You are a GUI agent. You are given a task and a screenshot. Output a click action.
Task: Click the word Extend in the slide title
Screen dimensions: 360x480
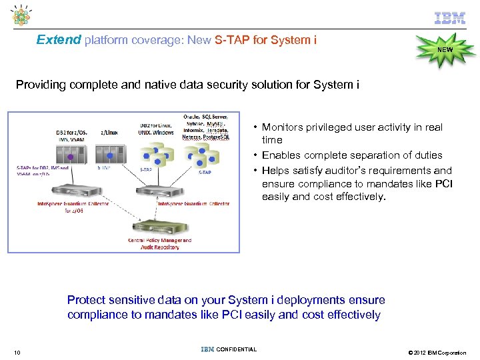[x=59, y=40]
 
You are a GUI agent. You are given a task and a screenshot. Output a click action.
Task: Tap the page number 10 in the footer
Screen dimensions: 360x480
[x=17, y=352]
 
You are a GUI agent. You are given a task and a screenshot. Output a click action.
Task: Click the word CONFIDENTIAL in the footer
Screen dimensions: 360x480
[x=237, y=349]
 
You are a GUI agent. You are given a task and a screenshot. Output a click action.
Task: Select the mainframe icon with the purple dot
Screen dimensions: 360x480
[x=71, y=156]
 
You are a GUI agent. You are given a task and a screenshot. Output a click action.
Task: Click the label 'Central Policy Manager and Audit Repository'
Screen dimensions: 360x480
[x=160, y=243]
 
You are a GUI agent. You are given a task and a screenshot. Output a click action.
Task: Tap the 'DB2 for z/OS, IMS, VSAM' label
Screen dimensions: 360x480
[x=71, y=136]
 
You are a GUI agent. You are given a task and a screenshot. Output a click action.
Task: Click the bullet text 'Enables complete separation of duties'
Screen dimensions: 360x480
[x=352, y=155]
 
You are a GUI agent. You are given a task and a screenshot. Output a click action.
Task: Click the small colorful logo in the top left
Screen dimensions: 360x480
[x=22, y=17]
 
